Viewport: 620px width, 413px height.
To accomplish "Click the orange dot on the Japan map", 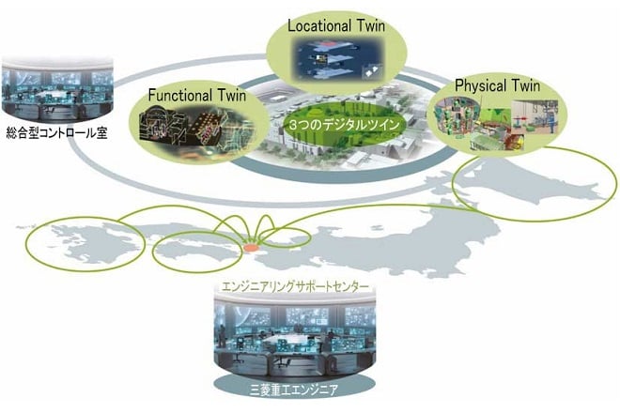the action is pyautogui.click(x=251, y=248).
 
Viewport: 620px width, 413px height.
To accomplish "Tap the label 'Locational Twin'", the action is pyautogui.click(x=336, y=26).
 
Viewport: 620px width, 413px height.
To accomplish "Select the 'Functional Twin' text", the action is pyautogui.click(x=197, y=95).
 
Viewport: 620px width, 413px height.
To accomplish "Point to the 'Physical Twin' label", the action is pyautogui.click(x=497, y=85).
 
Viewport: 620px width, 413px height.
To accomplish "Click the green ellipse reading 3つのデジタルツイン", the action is pyautogui.click(x=343, y=125).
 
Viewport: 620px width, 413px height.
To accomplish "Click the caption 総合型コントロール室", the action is pyautogui.click(x=57, y=133).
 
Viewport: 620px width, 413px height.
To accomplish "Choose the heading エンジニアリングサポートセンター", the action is pyautogui.click(x=295, y=286).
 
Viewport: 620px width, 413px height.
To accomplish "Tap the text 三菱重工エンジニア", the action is pyautogui.click(x=294, y=390).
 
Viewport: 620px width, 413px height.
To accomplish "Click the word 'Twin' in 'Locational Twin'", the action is pyautogui.click(x=370, y=26).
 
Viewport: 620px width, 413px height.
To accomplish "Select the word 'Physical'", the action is pyautogui.click(x=480, y=86).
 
